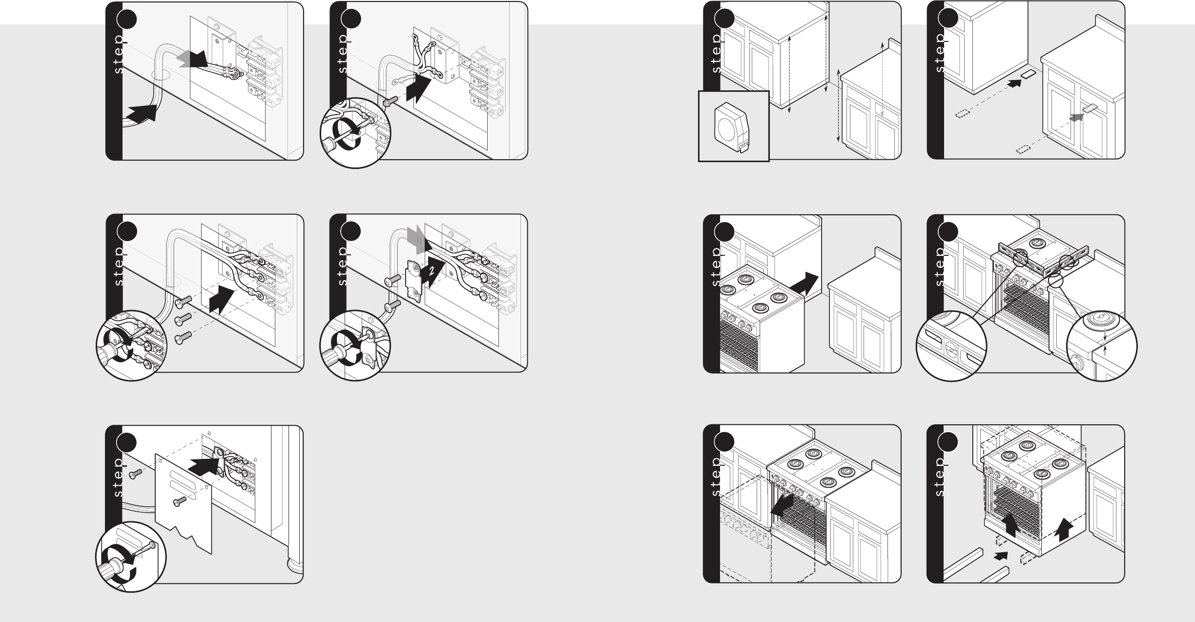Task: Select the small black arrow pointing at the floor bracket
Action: (1014, 83)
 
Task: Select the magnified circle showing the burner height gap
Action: (1102, 346)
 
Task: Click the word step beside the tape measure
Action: (716, 54)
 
